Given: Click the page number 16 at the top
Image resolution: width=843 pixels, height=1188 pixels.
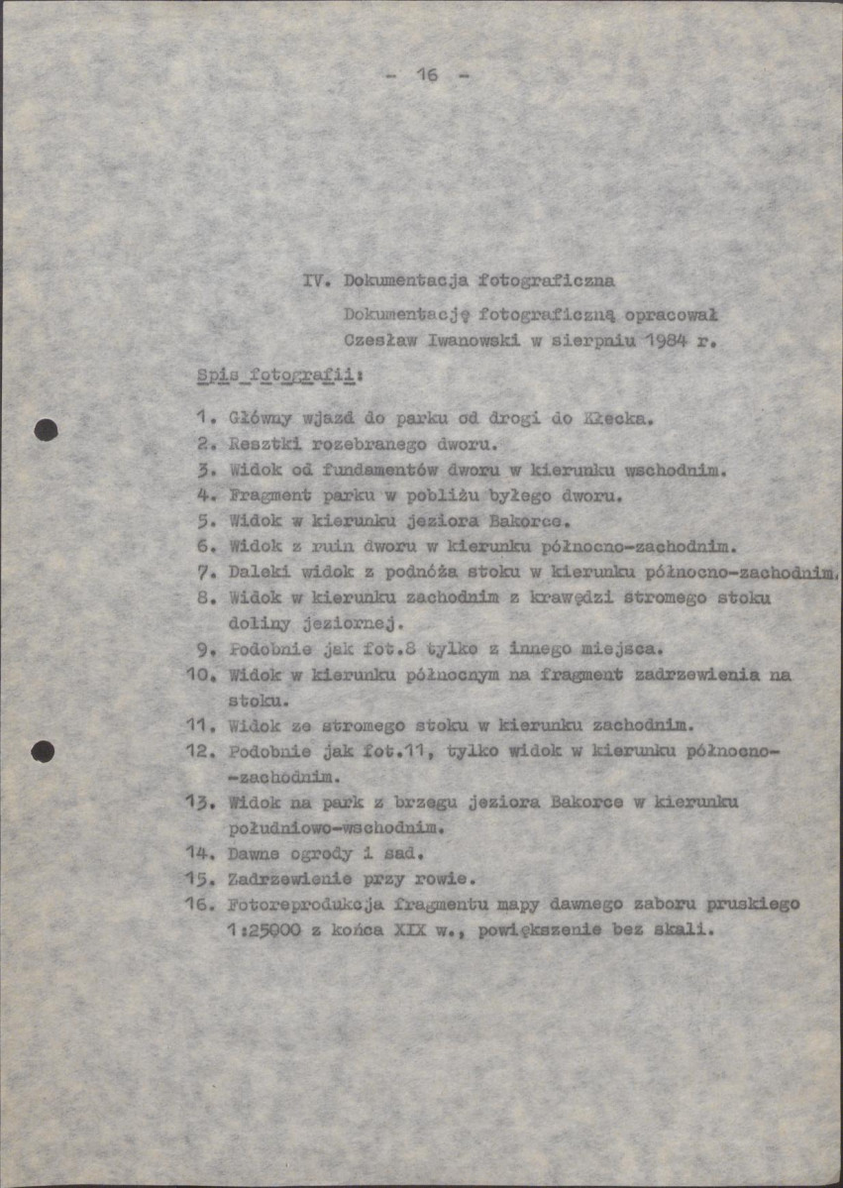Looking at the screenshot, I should [427, 75].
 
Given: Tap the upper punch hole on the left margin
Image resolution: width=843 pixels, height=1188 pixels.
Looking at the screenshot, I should [45, 429].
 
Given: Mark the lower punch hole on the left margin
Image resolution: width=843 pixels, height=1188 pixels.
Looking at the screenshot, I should [43, 752].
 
